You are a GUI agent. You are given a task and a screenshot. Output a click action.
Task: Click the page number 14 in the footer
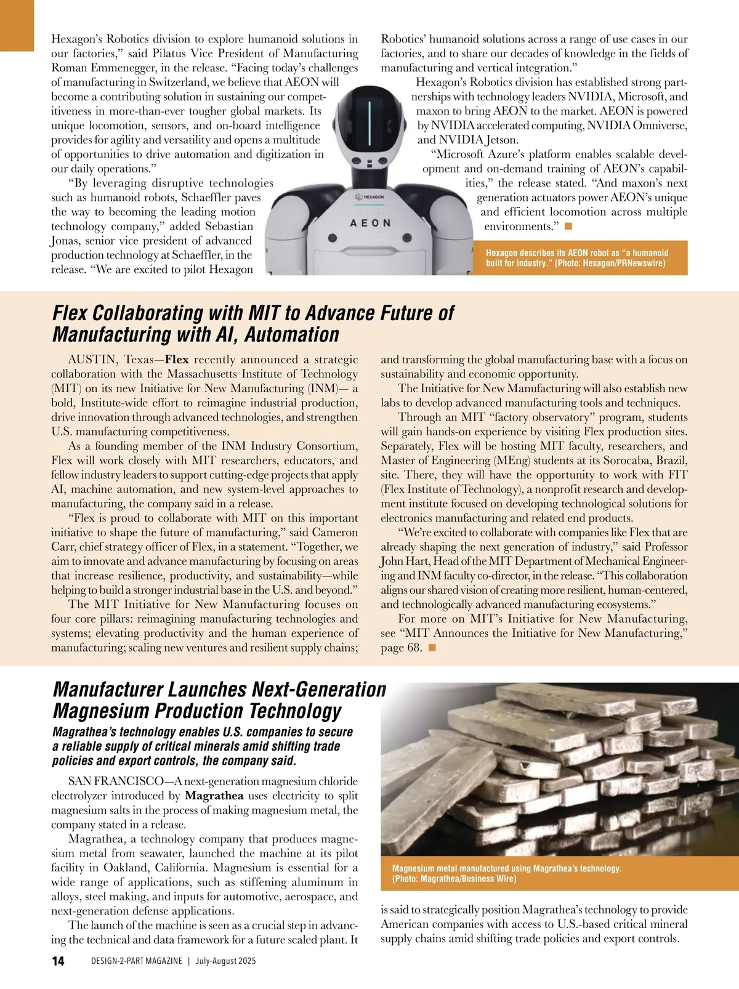coord(58,961)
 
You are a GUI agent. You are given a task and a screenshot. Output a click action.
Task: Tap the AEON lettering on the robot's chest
coord(370,223)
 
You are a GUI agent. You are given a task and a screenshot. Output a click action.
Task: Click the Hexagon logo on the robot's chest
coord(370,197)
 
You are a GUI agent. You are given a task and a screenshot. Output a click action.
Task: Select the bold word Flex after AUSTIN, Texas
coord(177,360)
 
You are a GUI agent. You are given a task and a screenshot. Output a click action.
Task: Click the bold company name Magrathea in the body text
coord(214,796)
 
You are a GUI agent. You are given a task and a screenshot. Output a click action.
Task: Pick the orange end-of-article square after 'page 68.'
coord(432,647)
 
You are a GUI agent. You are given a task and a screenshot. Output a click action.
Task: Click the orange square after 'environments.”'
coord(568,226)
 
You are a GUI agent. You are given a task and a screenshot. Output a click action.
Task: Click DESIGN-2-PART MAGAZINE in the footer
coord(136,961)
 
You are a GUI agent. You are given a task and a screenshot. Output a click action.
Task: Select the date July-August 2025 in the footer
coord(226,961)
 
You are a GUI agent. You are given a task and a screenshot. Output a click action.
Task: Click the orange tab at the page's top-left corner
coord(17,25)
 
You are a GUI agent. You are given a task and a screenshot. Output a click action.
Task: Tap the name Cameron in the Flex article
coord(334,532)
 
